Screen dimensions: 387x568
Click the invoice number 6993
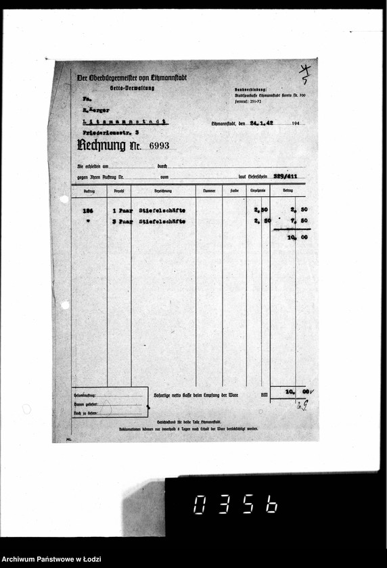(x=154, y=145)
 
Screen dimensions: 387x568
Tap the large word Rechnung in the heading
(x=101, y=145)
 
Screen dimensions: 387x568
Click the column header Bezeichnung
(x=163, y=191)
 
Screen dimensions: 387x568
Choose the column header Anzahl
(x=118, y=191)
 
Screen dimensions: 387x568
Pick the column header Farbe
(x=234, y=191)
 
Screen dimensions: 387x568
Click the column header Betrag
(x=288, y=191)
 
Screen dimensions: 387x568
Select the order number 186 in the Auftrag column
(x=87, y=210)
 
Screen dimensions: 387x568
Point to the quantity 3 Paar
(x=122, y=220)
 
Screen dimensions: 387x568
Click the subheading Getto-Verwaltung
(x=133, y=89)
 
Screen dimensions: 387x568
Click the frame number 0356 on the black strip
(x=235, y=504)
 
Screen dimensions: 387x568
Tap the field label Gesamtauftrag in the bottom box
(x=85, y=395)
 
